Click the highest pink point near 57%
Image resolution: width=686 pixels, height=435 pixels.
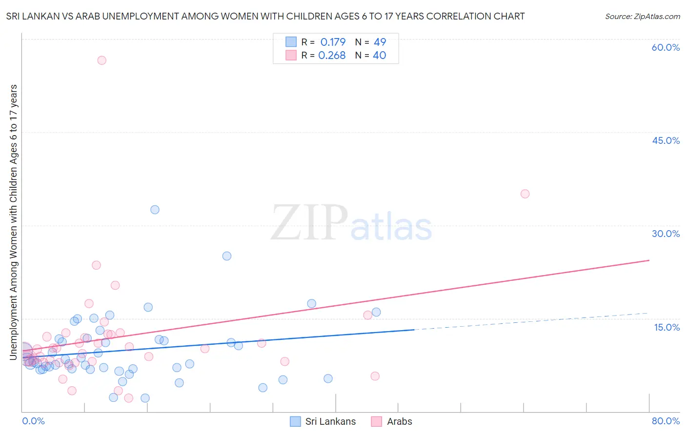point(101,60)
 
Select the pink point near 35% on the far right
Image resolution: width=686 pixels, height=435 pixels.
point(525,194)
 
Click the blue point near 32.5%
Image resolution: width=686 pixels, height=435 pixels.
point(155,210)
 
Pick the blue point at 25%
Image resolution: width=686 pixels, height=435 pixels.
point(227,256)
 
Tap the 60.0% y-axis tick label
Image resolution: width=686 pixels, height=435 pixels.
point(666,47)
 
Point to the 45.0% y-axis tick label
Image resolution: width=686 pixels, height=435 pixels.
point(666,140)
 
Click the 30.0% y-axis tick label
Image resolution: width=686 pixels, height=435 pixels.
point(666,234)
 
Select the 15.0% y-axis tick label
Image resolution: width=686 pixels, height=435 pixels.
point(666,327)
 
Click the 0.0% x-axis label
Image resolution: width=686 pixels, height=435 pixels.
point(33,421)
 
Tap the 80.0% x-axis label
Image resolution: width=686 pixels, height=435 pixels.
point(666,421)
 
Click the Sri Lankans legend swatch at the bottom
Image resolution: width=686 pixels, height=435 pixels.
point(295,421)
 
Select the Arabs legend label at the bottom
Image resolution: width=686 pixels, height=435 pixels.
point(399,421)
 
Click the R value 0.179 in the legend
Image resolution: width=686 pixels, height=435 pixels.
point(333,42)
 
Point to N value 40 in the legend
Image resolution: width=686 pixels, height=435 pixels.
point(379,56)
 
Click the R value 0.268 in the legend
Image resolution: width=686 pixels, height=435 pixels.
point(332,56)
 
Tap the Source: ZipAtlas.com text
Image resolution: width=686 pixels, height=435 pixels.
point(642,16)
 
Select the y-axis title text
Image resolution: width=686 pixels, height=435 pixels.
point(13,222)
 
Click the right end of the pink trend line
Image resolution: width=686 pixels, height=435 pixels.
point(649,260)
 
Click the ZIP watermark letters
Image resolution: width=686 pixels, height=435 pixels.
point(309,223)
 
